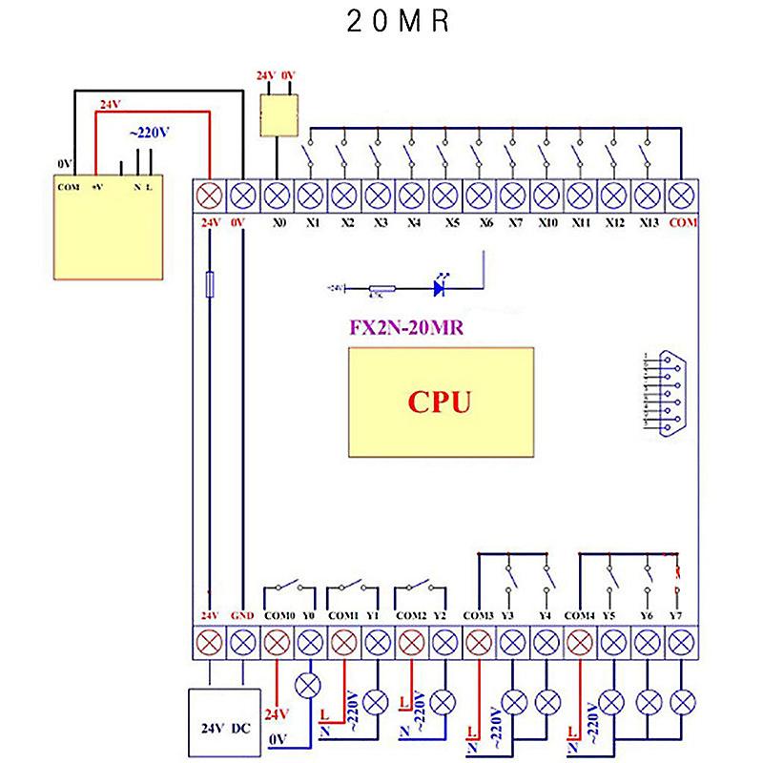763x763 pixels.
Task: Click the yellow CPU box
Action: coord(441,402)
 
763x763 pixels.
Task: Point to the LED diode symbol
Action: coord(441,286)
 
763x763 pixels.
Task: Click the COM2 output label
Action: coord(410,615)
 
